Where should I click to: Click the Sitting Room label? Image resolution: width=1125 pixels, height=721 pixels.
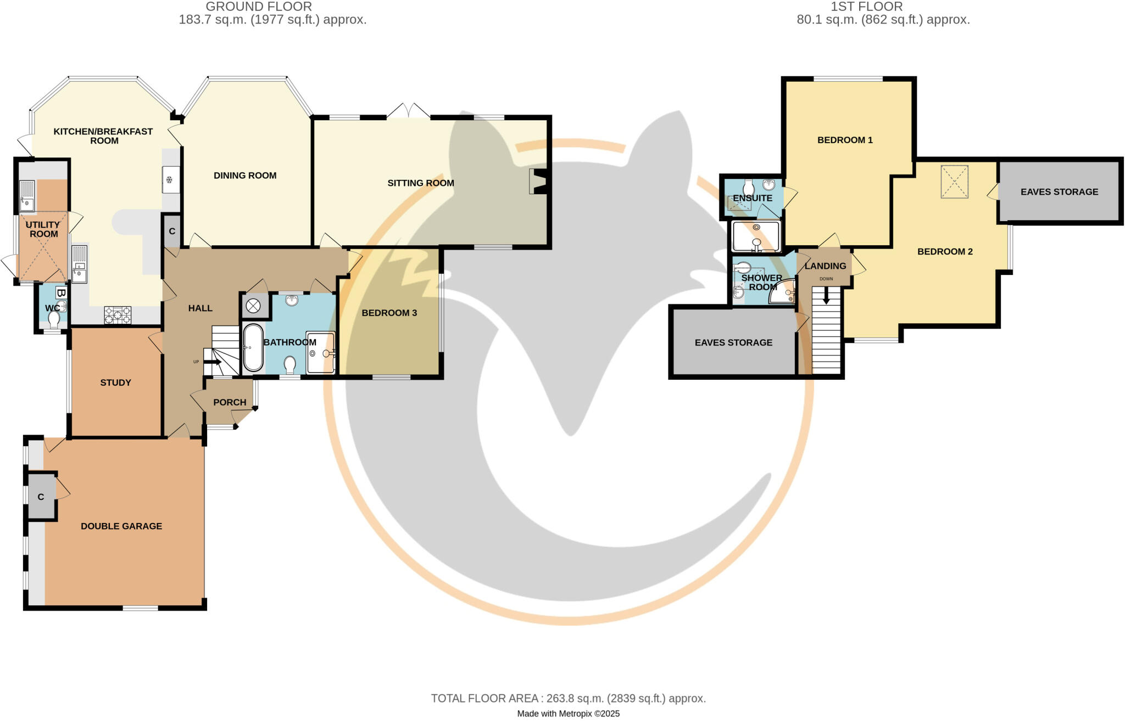pyautogui.click(x=420, y=183)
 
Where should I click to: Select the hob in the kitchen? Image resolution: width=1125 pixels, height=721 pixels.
pyautogui.click(x=118, y=315)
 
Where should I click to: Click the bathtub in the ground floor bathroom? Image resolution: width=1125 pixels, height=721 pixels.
pyautogui.click(x=253, y=348)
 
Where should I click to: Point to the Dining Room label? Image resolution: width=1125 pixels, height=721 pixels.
pyautogui.click(x=245, y=176)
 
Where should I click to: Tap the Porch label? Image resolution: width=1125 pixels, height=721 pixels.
pyautogui.click(x=230, y=402)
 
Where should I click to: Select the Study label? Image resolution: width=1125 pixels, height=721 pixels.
pyautogui.click(x=115, y=382)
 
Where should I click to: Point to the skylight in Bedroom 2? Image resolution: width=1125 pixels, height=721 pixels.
pyautogui.click(x=955, y=182)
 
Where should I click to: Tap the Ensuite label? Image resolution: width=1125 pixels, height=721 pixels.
pyautogui.click(x=752, y=198)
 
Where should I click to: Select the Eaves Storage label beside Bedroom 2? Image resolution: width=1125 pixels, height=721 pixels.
pyautogui.click(x=1059, y=191)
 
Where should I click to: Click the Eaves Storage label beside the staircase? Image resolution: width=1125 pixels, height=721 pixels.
pyautogui.click(x=733, y=342)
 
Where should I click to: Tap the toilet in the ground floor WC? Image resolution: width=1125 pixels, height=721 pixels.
pyautogui.click(x=54, y=319)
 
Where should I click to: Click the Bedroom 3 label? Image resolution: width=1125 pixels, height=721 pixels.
pyautogui.click(x=389, y=313)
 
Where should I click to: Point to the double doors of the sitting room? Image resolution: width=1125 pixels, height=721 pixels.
pyautogui.click(x=408, y=111)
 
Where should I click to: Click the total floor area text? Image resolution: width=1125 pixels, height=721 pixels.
pyautogui.click(x=568, y=699)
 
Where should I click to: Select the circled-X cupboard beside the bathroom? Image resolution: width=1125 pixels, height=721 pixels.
pyautogui.click(x=253, y=306)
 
